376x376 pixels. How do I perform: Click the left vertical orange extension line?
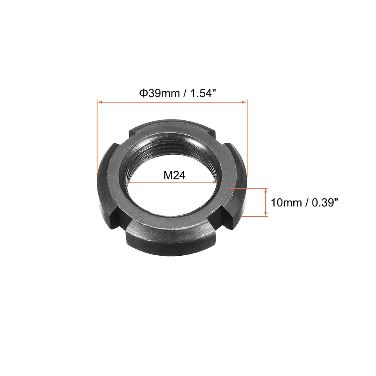click(97, 137)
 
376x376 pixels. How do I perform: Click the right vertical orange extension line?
click(248, 137)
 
